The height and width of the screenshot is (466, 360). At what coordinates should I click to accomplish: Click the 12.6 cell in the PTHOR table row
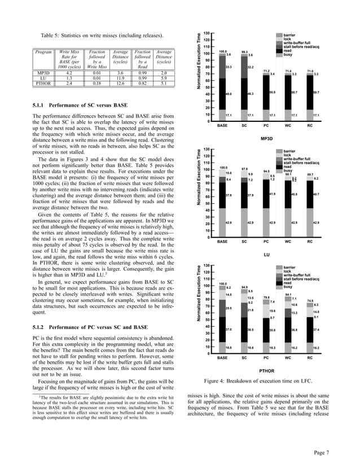pos(119,83)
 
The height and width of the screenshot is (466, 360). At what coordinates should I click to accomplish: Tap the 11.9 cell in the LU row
pos(119,78)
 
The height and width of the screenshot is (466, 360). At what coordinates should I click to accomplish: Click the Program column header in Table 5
pos(43,52)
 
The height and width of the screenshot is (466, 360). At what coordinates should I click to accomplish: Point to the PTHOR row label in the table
pos(43,83)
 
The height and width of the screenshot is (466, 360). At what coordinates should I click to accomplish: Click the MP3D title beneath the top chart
pos(266,138)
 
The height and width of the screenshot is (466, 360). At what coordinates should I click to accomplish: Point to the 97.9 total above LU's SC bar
pos(244,169)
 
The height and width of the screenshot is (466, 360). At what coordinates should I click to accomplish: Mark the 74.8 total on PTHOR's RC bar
pos(310,300)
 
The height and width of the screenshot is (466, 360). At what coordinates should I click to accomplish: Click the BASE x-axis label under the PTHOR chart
pos(223,358)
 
